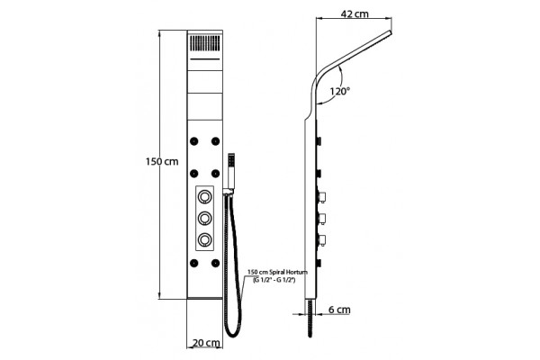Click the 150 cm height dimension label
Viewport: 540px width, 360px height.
point(162,161)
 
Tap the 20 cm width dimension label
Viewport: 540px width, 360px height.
point(206,343)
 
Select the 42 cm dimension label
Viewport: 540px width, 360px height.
point(355,13)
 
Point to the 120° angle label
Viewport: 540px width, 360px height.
point(340,91)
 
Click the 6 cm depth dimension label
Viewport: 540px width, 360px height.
point(339,310)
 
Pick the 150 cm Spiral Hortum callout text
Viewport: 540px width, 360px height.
point(276,276)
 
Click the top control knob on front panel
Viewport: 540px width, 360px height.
point(205,197)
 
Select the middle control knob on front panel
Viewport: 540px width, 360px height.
point(205,218)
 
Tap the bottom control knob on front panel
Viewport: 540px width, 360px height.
point(205,238)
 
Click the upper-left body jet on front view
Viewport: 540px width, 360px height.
point(193,141)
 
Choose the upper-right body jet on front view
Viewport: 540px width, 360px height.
point(216,141)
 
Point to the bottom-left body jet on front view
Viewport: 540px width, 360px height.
point(193,263)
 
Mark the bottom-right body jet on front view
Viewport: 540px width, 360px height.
point(216,263)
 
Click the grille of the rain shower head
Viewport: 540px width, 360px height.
point(205,43)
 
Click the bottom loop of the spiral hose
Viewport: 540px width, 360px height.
point(233,335)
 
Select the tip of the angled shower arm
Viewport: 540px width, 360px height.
point(391,32)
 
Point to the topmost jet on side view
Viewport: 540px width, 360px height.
point(319,141)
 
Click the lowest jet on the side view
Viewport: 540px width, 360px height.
point(319,263)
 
